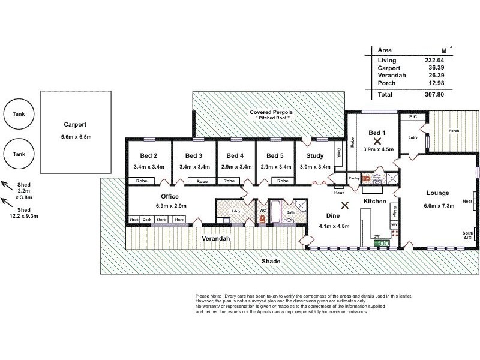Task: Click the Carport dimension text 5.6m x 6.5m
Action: coord(75,137)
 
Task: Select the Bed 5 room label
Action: coord(275,155)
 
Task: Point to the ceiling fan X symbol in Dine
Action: coord(345,205)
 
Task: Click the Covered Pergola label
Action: coord(271,112)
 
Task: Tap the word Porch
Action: coord(453,130)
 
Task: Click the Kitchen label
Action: coord(374,202)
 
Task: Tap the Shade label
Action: coord(271,262)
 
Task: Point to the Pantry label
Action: coord(354,178)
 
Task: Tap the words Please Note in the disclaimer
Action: coord(208,296)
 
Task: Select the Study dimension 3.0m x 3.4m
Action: coord(315,166)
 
